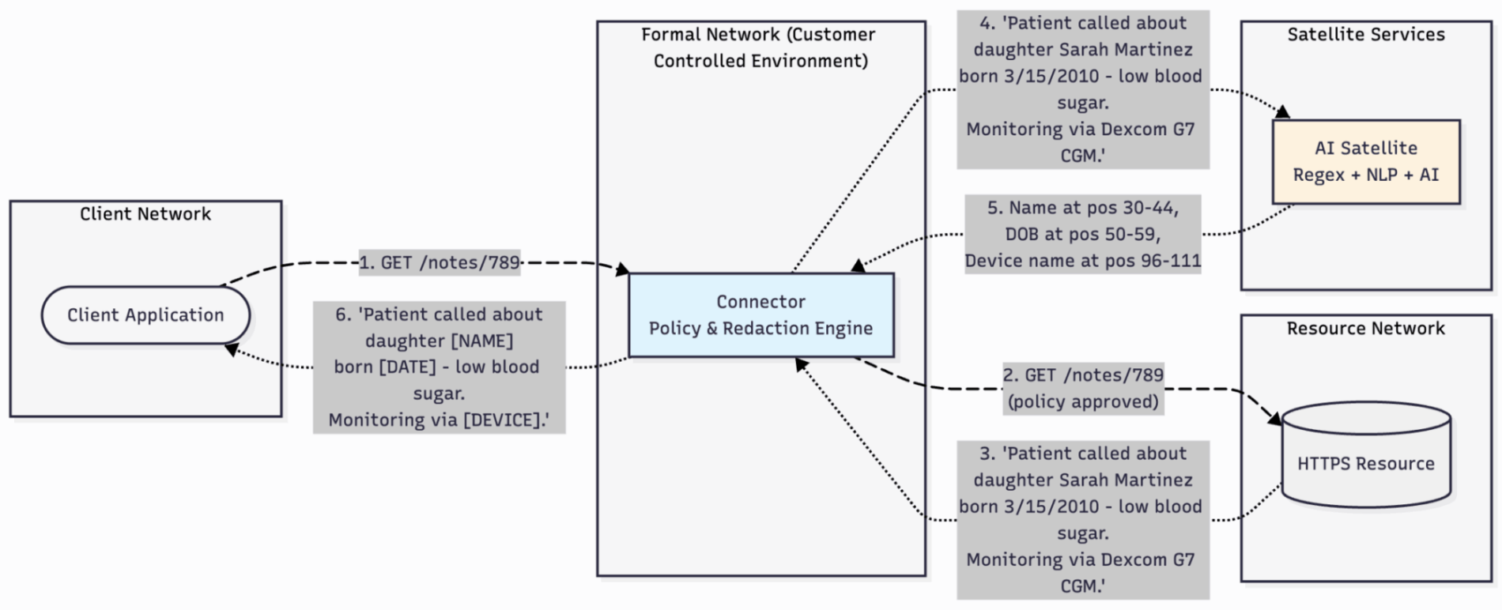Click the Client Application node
145,315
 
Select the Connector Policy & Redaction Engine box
760,315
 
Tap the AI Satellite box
1365,161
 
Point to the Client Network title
145,214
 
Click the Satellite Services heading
1365,35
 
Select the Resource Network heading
1365,329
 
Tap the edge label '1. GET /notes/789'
440,262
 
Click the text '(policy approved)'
1082,401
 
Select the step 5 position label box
1082,234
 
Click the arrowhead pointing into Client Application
232,348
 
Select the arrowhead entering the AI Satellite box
1282,112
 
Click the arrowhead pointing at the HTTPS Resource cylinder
1274,418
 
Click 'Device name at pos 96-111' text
1082,261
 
